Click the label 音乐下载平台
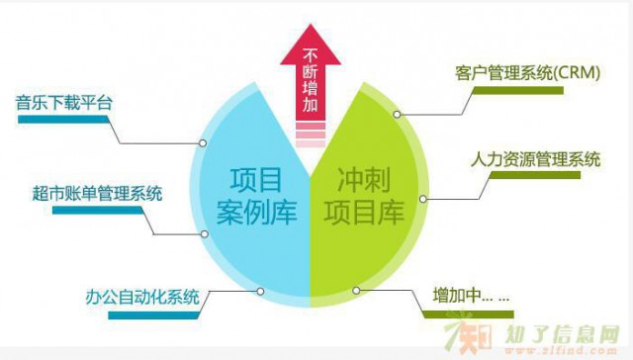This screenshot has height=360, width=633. click(x=60, y=102)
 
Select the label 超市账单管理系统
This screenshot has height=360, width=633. click(x=97, y=192)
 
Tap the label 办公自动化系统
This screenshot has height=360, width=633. click(x=151, y=295)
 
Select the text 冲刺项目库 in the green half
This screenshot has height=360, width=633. click(x=365, y=196)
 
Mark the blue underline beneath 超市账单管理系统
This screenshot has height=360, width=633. click(x=90, y=210)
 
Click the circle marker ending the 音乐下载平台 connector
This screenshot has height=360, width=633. click(x=203, y=143)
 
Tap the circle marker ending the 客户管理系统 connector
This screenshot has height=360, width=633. click(x=397, y=115)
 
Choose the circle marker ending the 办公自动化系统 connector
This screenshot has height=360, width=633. click(x=259, y=291)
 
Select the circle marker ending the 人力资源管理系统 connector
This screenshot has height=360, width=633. click(x=422, y=198)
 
